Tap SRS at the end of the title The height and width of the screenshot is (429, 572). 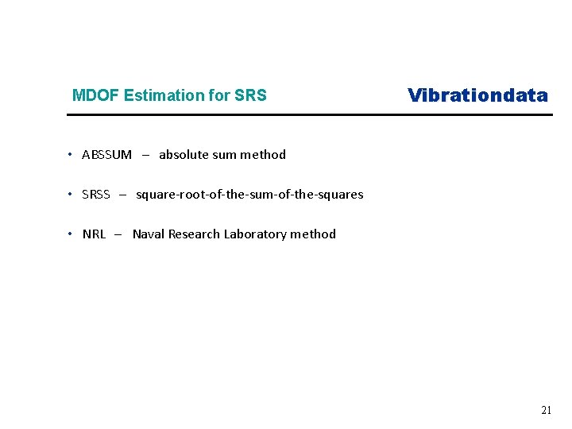click(250, 96)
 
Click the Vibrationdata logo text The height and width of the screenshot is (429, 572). click(477, 95)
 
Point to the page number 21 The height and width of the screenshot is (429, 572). click(546, 411)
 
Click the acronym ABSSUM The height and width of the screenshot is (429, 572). click(106, 155)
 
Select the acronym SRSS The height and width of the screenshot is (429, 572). click(96, 195)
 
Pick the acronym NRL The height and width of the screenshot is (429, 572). click(94, 234)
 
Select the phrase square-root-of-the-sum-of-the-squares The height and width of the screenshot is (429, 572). click(249, 195)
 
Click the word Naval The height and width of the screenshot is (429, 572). click(149, 234)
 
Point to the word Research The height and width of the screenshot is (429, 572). click(194, 234)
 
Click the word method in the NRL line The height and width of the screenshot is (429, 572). click(313, 234)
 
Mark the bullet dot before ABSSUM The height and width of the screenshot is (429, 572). click(71, 154)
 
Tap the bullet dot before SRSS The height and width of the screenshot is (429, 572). click(71, 194)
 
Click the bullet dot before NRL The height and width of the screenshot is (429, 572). click(71, 234)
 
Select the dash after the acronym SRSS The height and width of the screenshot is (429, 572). click(123, 195)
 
